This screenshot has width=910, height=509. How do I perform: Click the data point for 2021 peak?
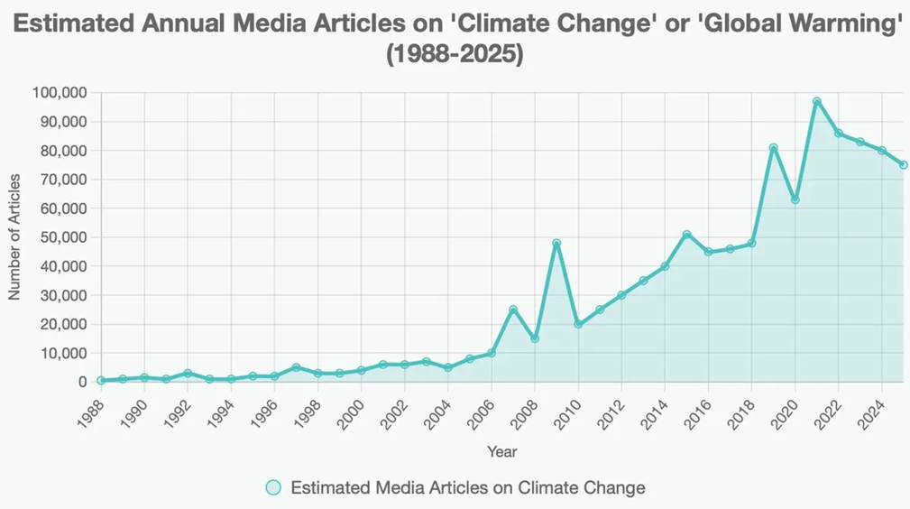tap(816, 102)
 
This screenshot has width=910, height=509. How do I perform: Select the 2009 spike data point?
tap(556, 243)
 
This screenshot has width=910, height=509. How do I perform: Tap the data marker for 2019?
tap(773, 148)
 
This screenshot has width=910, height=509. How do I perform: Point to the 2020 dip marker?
tap(795, 199)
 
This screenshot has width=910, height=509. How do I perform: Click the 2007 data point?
tap(513, 310)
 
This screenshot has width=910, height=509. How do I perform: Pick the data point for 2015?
tap(686, 235)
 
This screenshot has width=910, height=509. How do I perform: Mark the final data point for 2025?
tap(903, 165)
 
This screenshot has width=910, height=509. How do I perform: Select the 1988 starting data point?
tap(101, 381)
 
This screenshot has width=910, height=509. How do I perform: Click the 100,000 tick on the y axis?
tap(59, 93)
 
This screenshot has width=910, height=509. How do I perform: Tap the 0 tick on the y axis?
tap(81, 382)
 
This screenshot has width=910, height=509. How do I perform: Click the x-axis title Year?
tap(501, 451)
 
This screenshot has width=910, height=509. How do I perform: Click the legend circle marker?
tap(273, 487)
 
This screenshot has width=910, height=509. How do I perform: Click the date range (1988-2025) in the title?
tap(455, 54)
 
